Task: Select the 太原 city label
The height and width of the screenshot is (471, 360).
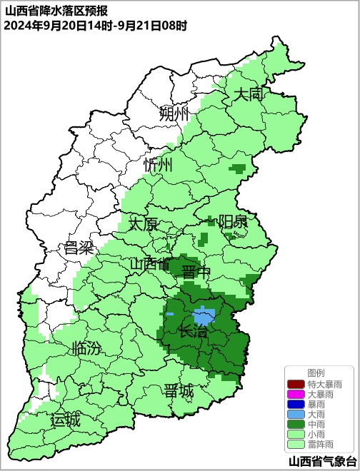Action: pos(144,223)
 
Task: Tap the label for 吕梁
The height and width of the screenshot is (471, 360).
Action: pos(79,248)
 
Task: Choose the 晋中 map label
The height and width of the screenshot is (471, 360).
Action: pos(196,273)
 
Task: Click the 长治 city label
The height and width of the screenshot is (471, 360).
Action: pos(193,331)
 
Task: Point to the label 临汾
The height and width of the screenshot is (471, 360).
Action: pos(86,349)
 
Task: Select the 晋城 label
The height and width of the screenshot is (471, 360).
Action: pos(178,391)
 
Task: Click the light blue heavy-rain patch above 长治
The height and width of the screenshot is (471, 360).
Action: pos(204,315)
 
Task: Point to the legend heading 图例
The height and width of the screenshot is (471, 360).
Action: pos(316,373)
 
